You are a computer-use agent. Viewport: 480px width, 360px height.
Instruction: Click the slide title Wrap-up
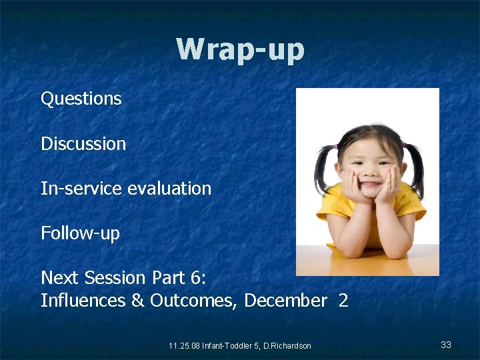coord(240,50)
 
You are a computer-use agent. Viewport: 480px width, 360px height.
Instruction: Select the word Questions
coord(81,99)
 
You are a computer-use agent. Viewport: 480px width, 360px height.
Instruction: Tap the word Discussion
coord(83,143)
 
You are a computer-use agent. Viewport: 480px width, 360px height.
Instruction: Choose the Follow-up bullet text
coord(80,233)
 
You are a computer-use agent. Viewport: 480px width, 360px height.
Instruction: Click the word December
coord(285,301)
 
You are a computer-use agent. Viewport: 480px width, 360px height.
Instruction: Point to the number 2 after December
coord(343,301)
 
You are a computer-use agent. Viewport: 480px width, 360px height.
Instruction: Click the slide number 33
coord(446,345)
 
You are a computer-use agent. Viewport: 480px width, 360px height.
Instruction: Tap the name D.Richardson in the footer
coord(286,345)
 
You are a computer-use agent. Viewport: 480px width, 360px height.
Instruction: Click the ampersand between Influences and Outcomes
coord(138,301)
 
